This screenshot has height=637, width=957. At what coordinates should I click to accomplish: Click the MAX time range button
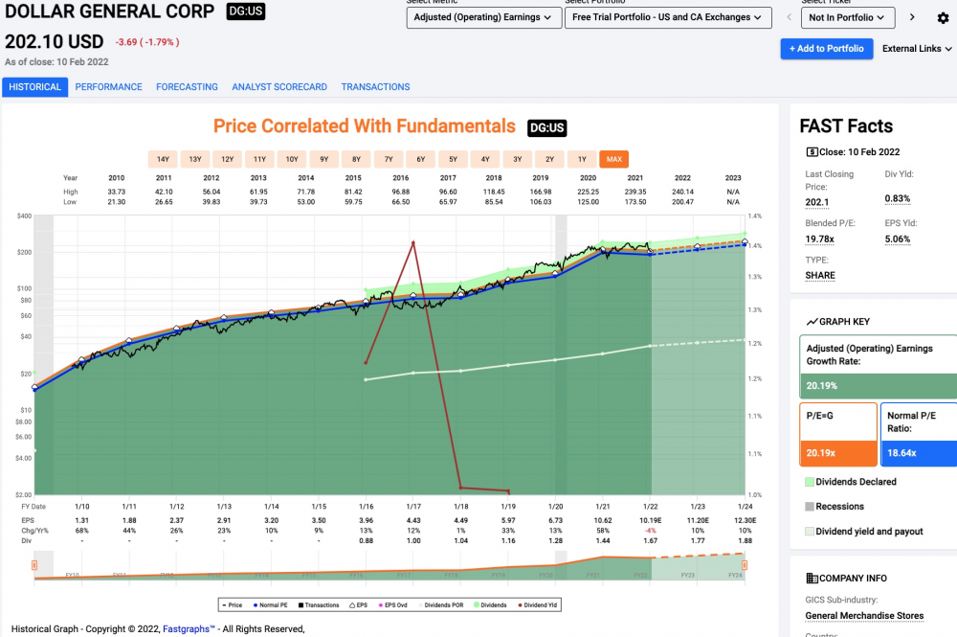(x=613, y=159)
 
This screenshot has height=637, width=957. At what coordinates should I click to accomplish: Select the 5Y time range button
(x=453, y=159)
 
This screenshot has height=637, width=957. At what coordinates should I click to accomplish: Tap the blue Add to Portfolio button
(x=827, y=49)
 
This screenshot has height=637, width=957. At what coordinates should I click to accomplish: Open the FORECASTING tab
(x=187, y=87)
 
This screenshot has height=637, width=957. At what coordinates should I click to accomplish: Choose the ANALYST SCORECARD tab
(x=279, y=87)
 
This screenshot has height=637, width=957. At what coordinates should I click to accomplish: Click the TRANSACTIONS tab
(x=375, y=87)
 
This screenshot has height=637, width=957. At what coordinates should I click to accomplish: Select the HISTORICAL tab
(x=34, y=87)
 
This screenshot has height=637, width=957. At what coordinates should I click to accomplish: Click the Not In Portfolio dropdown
(x=848, y=17)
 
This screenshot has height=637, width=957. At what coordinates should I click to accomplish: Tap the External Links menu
(x=917, y=49)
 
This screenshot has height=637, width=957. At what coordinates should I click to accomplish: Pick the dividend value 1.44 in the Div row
(x=603, y=540)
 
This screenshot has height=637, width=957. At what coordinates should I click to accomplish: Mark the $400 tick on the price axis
(x=24, y=216)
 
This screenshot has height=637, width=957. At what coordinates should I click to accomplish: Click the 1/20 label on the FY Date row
(x=555, y=506)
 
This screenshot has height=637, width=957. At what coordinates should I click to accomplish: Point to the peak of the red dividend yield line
(x=412, y=242)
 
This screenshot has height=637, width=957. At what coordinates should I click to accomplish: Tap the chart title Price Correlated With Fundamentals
(x=365, y=126)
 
